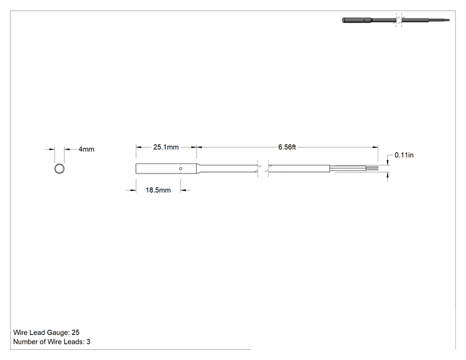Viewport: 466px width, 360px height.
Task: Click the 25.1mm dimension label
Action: click(166, 147)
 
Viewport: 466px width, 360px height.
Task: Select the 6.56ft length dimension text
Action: click(287, 147)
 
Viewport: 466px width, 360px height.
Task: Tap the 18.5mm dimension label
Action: click(158, 190)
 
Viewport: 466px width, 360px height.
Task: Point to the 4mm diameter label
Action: click(86, 149)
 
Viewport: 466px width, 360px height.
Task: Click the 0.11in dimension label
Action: click(404, 155)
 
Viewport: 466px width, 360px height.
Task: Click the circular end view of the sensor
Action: click(60, 164)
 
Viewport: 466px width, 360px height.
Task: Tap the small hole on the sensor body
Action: click(180, 168)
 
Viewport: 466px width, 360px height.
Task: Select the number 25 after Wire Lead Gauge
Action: click(76, 332)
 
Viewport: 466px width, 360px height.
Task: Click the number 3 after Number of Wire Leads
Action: click(88, 342)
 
